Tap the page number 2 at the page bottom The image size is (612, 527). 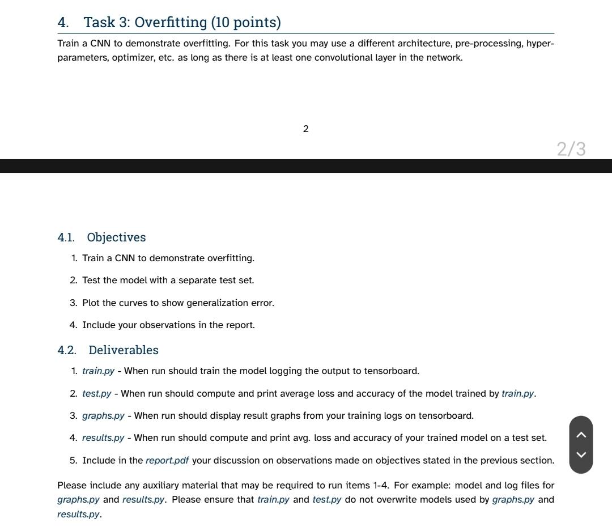(x=306, y=129)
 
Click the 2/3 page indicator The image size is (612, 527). (x=571, y=149)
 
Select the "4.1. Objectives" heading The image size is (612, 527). (x=101, y=237)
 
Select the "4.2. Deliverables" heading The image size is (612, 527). (x=108, y=350)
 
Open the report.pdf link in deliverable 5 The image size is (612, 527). (x=167, y=461)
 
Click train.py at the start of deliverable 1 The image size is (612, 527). (x=98, y=371)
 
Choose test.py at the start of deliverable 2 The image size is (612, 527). (x=96, y=394)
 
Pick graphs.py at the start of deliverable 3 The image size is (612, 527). (x=103, y=416)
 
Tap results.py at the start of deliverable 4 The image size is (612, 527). (x=103, y=438)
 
